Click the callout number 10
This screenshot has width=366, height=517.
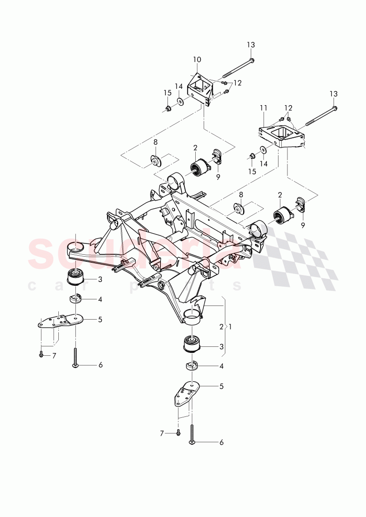pos(197,60)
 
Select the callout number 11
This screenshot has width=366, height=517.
pos(263,108)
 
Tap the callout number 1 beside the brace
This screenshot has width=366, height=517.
pos(230,326)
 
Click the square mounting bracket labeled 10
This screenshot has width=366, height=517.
pos(200,89)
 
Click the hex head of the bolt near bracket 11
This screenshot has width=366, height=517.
pos(334,108)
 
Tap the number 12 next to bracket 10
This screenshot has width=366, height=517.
pos(238,83)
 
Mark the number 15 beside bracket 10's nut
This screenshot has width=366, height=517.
pos(167,93)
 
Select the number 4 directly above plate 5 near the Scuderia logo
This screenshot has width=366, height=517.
pos(100,299)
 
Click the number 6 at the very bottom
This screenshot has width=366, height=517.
pos(221,442)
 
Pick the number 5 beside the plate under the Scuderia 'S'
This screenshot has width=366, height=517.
pos(100,319)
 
